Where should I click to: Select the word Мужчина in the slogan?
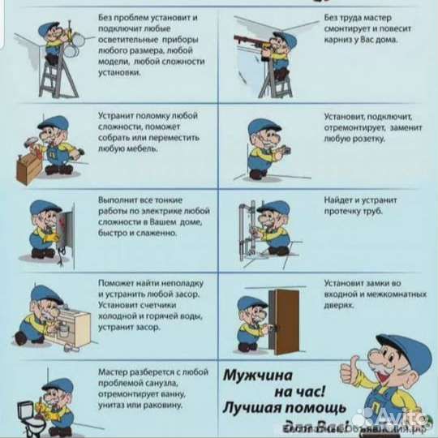point(262,377)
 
